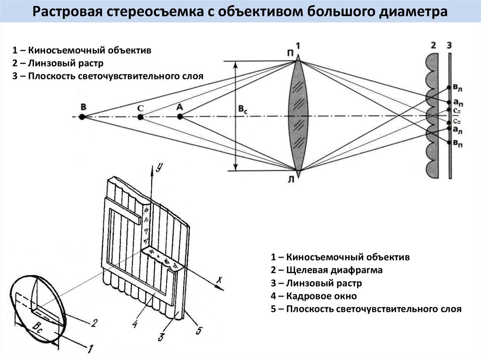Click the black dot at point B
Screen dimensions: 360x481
82,116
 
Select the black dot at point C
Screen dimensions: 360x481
140,117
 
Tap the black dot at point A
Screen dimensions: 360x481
179,116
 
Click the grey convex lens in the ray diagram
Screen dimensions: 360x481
297,116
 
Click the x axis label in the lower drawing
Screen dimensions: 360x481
219,280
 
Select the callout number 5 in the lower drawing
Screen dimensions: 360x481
199,331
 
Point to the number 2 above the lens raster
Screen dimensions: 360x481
433,46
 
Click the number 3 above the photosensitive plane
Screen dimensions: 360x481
450,46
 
